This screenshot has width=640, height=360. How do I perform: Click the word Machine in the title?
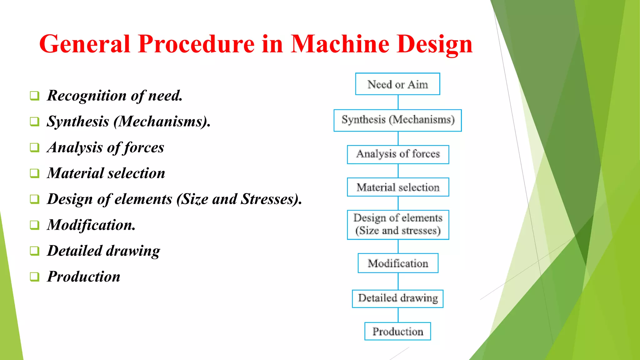click(340, 44)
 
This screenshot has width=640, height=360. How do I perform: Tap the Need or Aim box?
click(397, 84)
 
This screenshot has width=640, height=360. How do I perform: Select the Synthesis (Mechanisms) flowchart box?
click(397, 120)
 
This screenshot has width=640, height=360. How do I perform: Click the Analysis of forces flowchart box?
click(398, 154)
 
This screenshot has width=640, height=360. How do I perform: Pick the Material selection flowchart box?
click(398, 187)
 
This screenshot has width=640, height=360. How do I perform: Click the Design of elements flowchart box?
click(398, 225)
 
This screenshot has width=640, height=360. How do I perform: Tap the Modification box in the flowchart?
click(398, 263)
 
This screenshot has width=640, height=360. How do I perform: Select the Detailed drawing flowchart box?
click(397, 299)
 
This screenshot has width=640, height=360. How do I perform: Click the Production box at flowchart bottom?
click(397, 331)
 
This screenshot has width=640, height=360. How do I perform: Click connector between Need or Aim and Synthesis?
click(398, 102)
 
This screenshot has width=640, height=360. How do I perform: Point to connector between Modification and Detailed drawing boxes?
click(398, 281)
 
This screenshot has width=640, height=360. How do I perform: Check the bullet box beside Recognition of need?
click(35, 96)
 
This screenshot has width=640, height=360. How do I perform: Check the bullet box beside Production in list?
click(35, 277)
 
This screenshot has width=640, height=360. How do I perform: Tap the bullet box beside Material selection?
click(35, 173)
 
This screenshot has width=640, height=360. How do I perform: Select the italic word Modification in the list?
click(91, 225)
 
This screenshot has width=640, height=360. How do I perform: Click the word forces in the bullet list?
click(144, 147)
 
